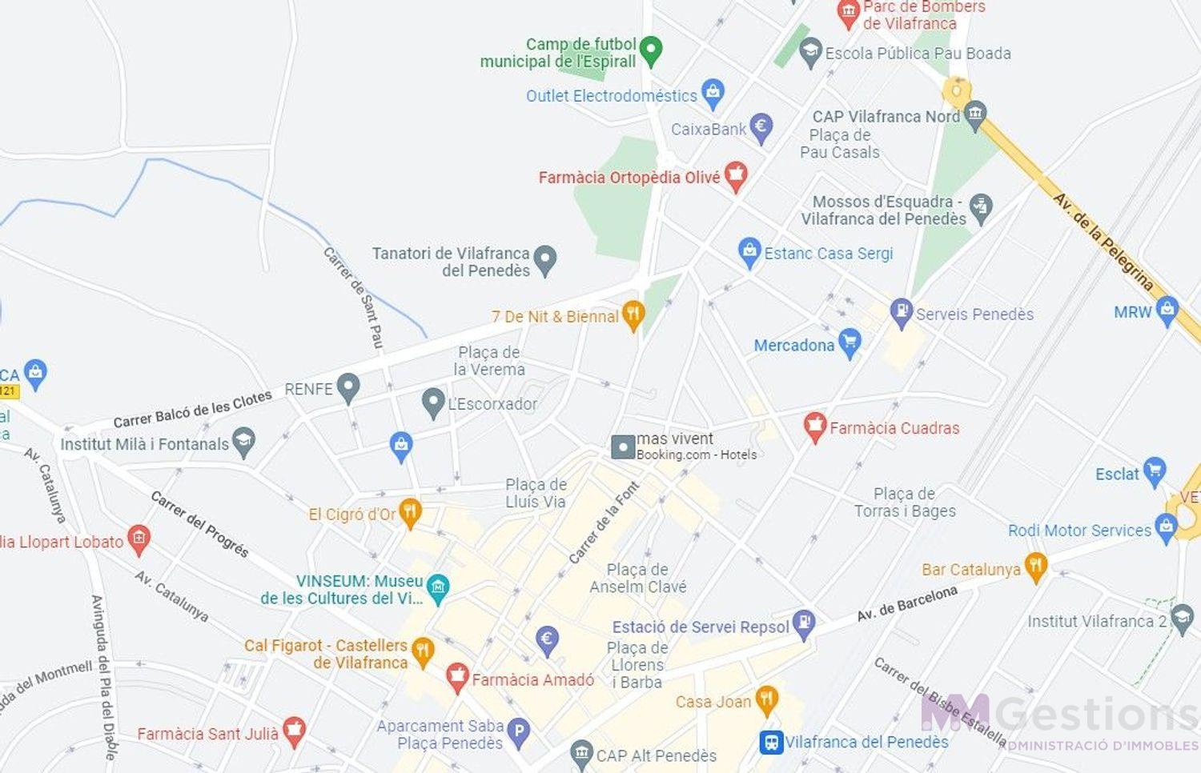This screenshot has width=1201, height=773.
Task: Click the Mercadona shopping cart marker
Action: [850, 342]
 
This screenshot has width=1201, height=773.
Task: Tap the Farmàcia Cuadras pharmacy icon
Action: [814, 427]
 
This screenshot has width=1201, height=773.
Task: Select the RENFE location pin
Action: [347, 387]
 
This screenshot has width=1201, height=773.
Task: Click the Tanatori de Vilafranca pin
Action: [545, 259]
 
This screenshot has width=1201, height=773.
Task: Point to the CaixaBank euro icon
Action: [761, 126]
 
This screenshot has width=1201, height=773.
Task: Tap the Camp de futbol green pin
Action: [652, 50]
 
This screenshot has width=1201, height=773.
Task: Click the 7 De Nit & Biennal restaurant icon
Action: [633, 314]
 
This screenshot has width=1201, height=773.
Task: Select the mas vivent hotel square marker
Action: [623, 447]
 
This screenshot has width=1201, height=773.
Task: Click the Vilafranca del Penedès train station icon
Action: [770, 742]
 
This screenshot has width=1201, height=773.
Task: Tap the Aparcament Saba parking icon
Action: [520, 731]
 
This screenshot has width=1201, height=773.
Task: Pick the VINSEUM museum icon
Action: [437, 588]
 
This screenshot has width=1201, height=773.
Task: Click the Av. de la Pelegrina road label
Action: [1103, 241]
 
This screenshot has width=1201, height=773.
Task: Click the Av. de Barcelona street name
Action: [907, 603]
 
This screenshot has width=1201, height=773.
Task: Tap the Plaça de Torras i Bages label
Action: [905, 503]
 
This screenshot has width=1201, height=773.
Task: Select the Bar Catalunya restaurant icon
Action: [1035, 567]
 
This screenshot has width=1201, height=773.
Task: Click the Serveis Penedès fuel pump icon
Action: [902, 312]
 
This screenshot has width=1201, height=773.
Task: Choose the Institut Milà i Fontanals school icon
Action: [243, 442]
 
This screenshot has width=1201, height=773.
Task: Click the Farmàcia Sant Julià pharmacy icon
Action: [294, 731]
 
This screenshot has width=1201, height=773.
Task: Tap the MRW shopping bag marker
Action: [1167, 310]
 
